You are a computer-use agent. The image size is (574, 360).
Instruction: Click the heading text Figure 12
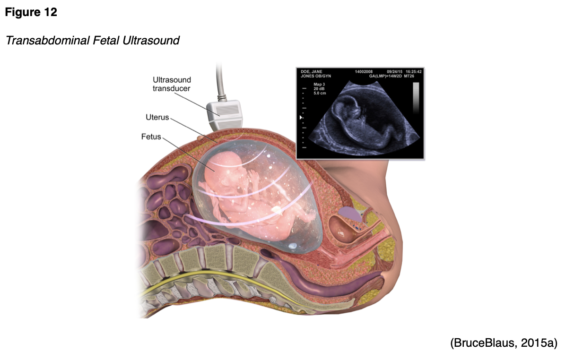31,12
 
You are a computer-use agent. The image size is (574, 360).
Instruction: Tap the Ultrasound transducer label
171,84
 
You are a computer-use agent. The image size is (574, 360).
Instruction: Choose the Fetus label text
151,137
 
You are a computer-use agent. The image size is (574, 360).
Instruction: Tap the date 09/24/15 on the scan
395,71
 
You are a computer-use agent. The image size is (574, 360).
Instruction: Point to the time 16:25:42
414,71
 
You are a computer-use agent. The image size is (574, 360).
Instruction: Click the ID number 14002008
364,71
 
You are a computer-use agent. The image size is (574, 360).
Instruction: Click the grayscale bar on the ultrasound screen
416,98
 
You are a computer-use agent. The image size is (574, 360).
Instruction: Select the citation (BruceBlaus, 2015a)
504,343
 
